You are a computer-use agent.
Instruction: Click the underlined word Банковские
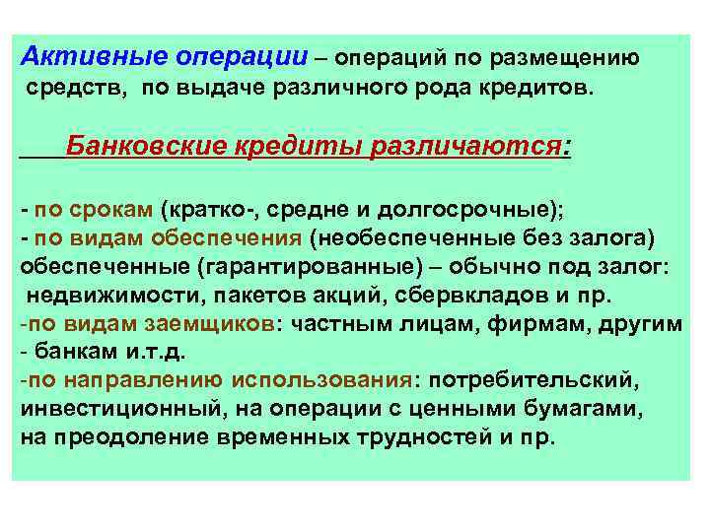point(146,149)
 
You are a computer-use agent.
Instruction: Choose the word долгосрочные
point(468,210)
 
